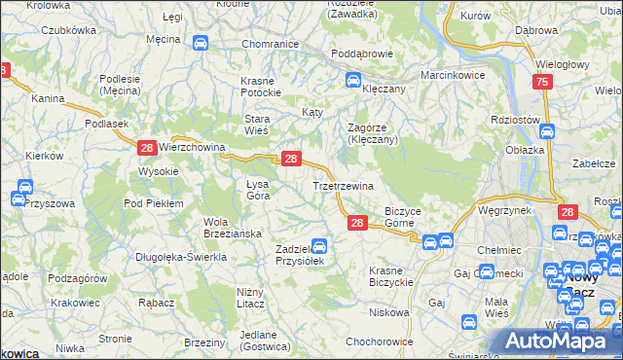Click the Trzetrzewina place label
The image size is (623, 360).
pos(343,185)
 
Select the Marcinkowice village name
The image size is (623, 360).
pos(453,75)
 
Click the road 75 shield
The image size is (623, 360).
pos(542,85)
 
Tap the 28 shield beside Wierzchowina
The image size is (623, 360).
pos(146,148)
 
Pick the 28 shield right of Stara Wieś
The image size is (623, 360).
pos(290,159)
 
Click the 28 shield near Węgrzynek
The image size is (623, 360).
pos(568,212)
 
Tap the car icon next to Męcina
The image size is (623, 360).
pos(200,43)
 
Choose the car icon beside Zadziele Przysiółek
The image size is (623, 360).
pos(318,247)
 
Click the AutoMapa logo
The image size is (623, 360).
pos(562,342)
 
